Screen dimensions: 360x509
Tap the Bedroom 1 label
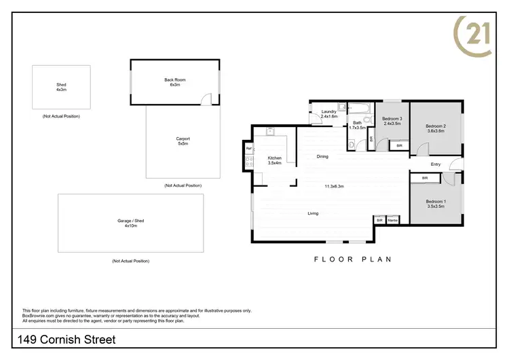[x=436, y=203]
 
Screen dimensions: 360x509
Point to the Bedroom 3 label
[x=392, y=120]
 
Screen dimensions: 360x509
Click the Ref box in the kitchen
[x=249, y=148]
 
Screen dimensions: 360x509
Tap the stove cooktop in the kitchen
[x=249, y=161]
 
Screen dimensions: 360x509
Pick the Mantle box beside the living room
[x=393, y=220]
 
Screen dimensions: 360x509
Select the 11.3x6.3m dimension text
[x=334, y=186]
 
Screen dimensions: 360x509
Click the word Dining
[x=322, y=156]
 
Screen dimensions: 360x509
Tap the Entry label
[x=435, y=164]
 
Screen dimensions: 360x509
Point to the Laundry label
[x=329, y=113]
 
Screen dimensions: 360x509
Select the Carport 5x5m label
[x=183, y=141]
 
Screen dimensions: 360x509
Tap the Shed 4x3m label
[x=61, y=87]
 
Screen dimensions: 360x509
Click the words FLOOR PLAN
[x=353, y=259]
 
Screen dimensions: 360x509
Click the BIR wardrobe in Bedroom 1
[x=425, y=178]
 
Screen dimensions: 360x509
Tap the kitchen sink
[x=269, y=131]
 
